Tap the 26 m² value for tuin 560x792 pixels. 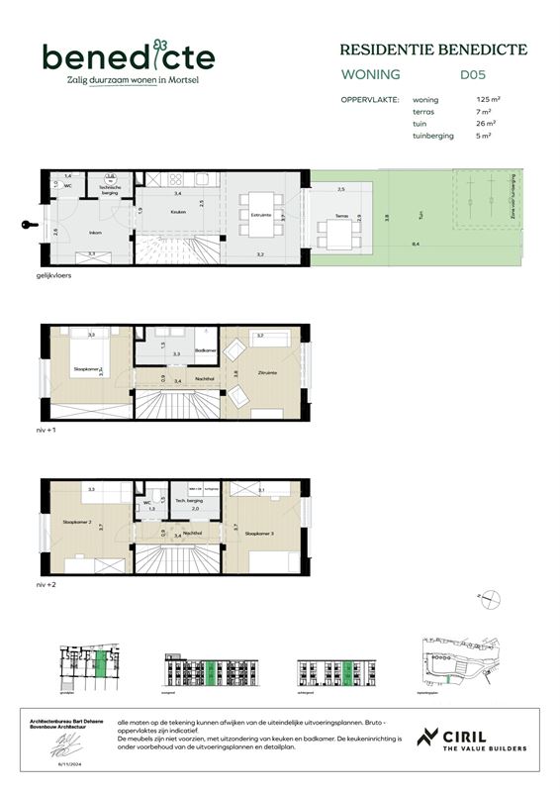click(485, 124)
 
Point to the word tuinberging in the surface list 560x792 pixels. click(432, 136)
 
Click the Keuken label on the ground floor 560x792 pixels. click(178, 212)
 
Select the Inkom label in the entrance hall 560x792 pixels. click(95, 234)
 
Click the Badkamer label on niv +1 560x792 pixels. click(206, 349)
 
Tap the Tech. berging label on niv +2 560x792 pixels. click(188, 502)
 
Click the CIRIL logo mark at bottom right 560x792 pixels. click(428, 740)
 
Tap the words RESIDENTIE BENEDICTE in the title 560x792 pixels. click(433, 49)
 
